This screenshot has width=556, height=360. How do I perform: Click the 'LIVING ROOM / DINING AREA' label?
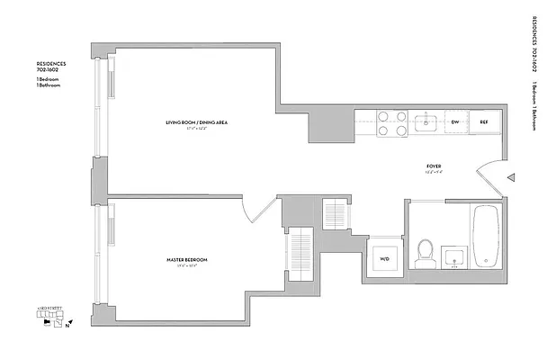[x=195, y=121]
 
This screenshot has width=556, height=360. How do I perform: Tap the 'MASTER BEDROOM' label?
[x=186, y=260]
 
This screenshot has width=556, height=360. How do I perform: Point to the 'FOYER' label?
[x=432, y=166]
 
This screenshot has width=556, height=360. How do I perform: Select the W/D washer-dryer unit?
[x=384, y=260]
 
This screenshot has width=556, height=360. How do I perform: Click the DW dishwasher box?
[x=454, y=122]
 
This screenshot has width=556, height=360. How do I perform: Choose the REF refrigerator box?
[x=483, y=122]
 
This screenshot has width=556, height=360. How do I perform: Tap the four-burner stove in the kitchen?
[x=392, y=122]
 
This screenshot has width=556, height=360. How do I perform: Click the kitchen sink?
[x=426, y=121]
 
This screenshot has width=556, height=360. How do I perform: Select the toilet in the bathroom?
[x=425, y=253]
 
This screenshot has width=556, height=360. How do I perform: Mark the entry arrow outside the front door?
[x=510, y=178]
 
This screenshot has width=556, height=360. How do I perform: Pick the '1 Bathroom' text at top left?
[x=48, y=85]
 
